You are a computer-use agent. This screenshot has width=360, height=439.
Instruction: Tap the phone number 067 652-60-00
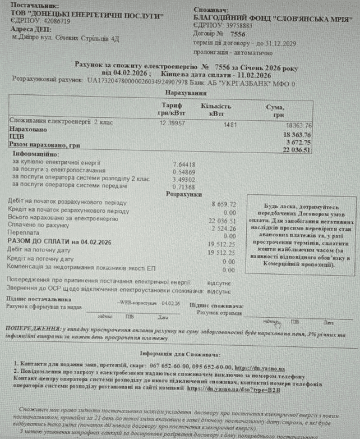tap(160, 364)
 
